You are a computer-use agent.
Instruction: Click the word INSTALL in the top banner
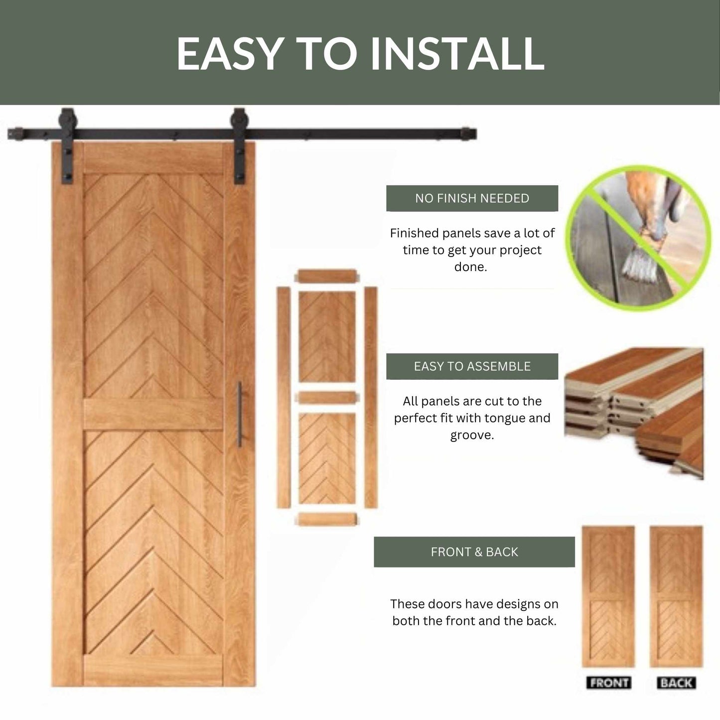click(x=457, y=53)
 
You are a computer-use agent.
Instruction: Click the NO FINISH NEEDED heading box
click(x=472, y=198)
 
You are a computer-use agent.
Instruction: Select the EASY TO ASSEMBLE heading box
click(x=472, y=366)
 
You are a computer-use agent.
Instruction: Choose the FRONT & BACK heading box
click(x=474, y=552)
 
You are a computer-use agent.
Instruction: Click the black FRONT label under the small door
click(x=608, y=682)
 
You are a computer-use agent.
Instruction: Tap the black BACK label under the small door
click(x=676, y=682)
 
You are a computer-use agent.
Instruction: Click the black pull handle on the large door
click(x=240, y=414)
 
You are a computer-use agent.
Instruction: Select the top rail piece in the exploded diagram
click(x=327, y=276)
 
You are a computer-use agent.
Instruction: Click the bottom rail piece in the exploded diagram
click(x=327, y=519)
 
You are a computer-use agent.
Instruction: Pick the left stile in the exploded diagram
click(x=284, y=397)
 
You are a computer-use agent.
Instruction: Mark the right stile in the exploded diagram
click(x=370, y=397)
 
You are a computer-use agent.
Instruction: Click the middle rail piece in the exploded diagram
click(x=327, y=398)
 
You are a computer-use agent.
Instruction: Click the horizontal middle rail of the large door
click(x=153, y=414)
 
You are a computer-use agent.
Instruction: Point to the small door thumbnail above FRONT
click(x=608, y=596)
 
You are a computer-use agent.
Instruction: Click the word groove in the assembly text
click(x=472, y=435)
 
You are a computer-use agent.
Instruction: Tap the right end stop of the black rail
click(x=468, y=134)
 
